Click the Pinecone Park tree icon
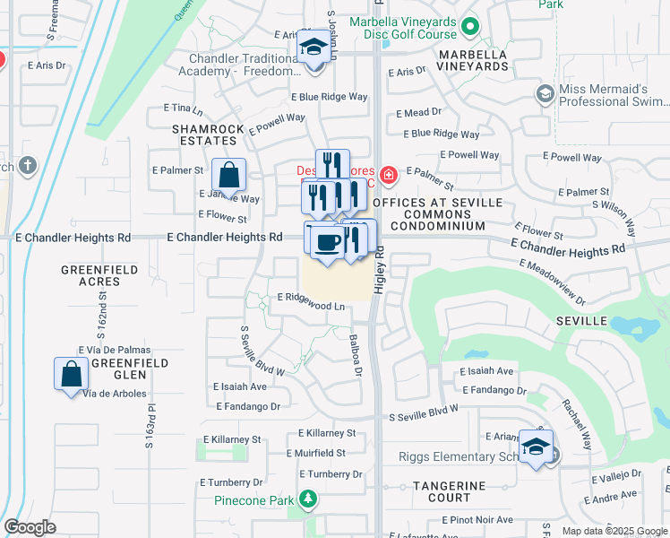pos(308,498)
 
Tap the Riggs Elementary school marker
pos(536,447)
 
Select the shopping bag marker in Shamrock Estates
pos(229,175)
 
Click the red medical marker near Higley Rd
pos(388,174)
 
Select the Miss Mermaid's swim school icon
pos(544,93)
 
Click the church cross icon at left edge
pos(28,165)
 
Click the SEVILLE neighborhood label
pos(581,321)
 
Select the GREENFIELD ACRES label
pos(99,275)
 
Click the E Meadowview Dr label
pos(552,281)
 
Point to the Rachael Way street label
pos(577,424)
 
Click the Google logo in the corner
pos(30,526)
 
